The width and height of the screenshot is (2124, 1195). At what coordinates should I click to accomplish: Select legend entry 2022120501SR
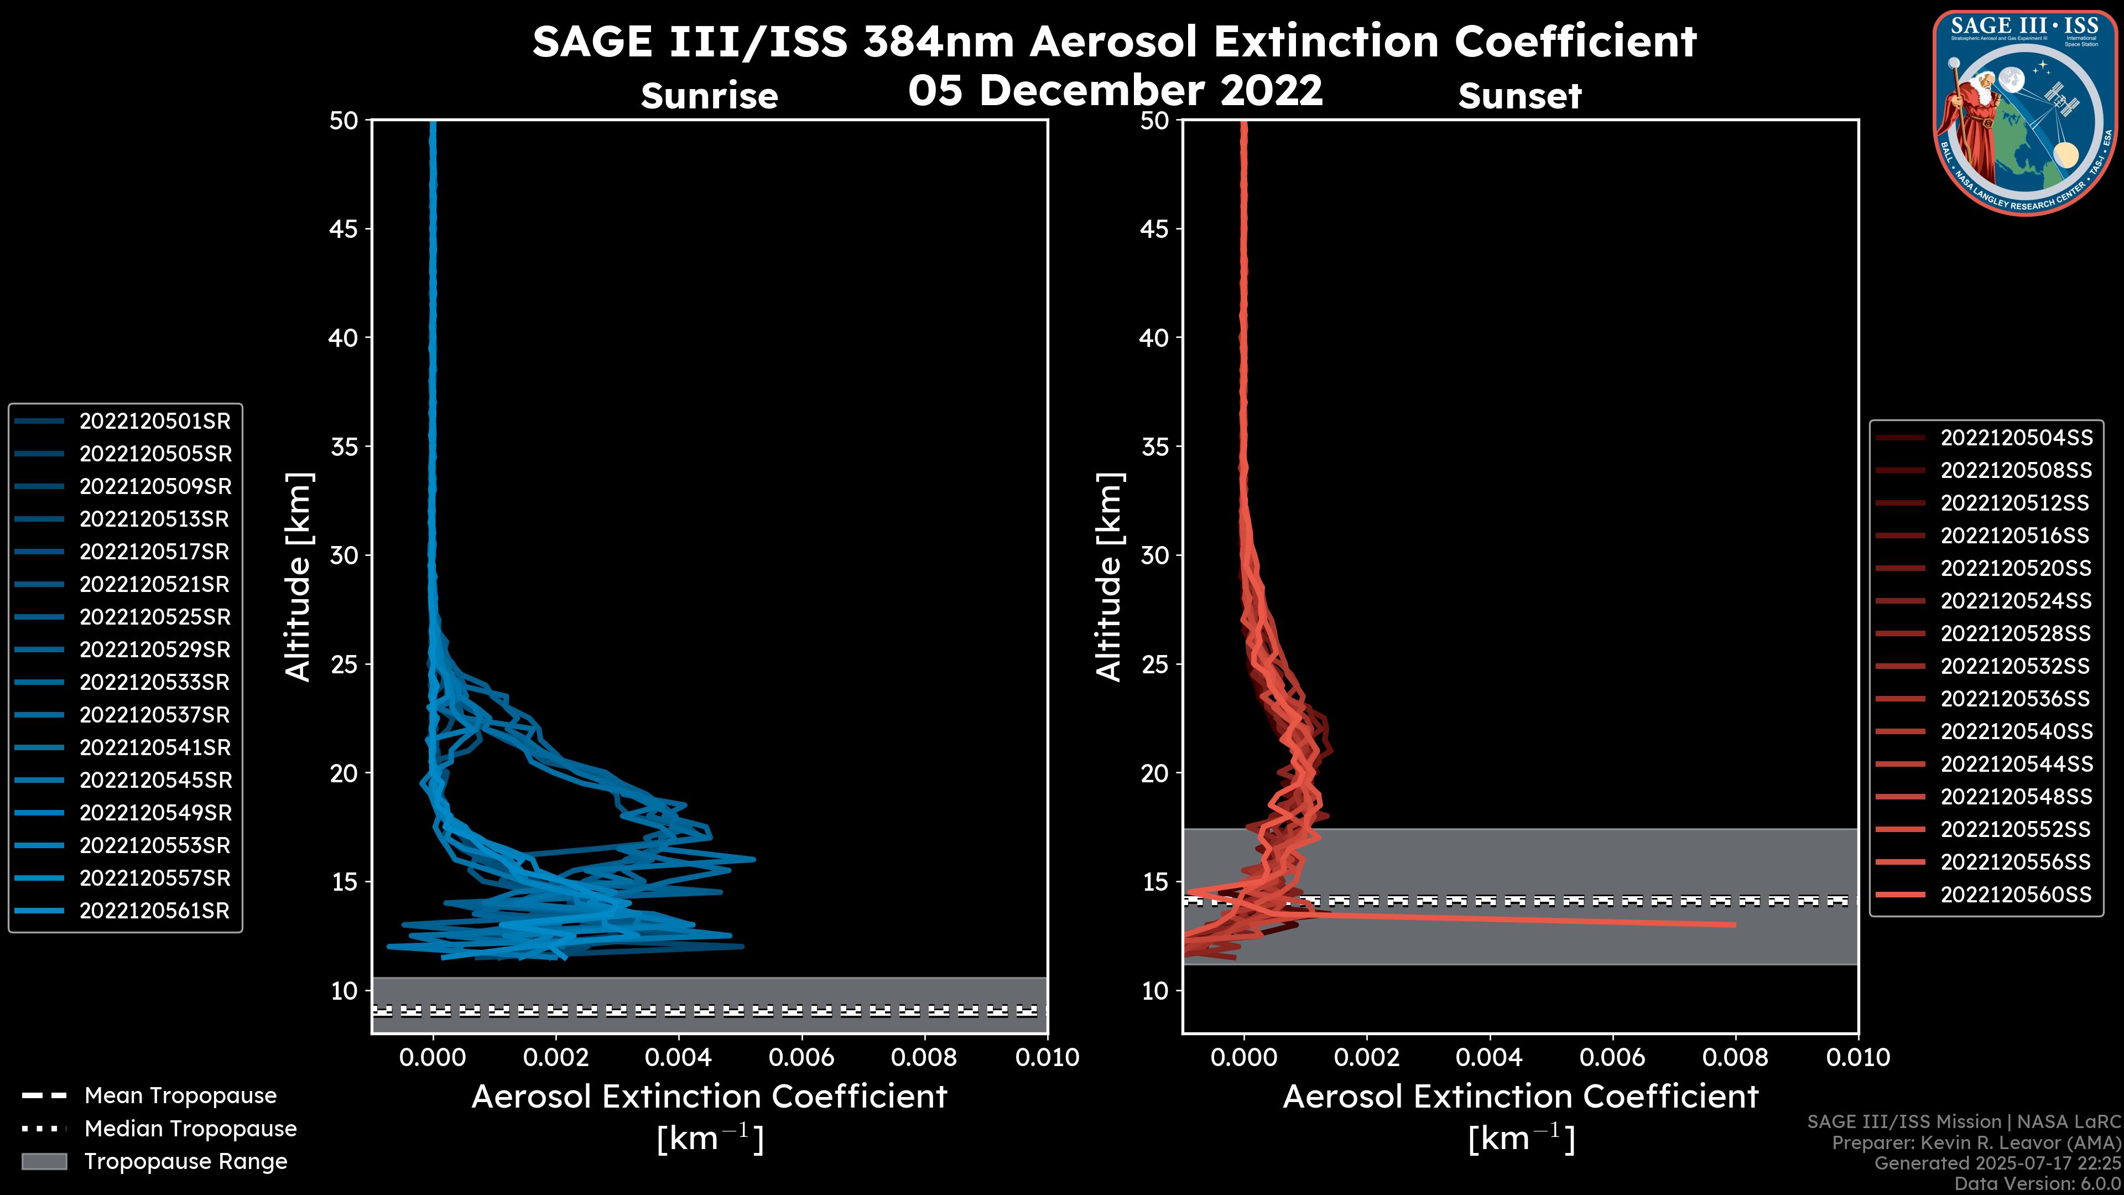click(x=154, y=422)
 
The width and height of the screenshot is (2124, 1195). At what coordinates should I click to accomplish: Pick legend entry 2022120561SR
click(x=154, y=911)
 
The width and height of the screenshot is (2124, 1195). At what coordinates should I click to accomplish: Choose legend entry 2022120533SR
click(x=154, y=683)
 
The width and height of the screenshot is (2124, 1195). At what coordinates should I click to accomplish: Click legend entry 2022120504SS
click(x=2015, y=438)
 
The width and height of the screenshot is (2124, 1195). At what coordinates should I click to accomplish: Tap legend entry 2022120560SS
click(x=2015, y=895)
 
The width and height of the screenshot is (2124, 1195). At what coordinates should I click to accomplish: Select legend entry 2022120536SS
click(x=2015, y=699)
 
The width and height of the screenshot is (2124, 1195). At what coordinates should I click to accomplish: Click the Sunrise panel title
click(x=709, y=96)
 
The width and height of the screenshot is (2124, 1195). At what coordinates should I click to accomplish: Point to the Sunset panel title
click(x=1519, y=96)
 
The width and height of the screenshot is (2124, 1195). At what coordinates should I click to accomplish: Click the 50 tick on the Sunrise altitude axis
click(x=344, y=121)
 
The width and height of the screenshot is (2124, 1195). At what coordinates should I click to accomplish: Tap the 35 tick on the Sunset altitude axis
click(x=1155, y=447)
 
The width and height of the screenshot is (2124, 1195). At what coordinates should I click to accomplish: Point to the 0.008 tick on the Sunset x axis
click(x=1736, y=1057)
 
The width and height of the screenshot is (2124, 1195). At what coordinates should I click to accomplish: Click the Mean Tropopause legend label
click(x=180, y=1096)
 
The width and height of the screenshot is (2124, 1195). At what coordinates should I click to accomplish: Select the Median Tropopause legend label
click(x=190, y=1129)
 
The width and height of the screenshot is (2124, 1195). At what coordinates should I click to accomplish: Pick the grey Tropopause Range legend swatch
click(x=44, y=1162)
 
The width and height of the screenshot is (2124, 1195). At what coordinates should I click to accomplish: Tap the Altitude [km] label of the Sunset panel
click(x=1109, y=577)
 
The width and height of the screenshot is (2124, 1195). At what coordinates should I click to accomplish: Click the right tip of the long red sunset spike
click(x=1735, y=924)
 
